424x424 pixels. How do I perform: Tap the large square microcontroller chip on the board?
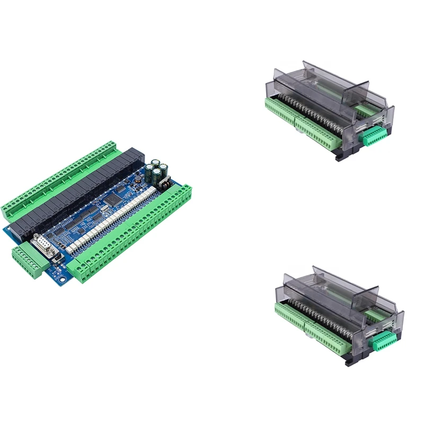point(114,199)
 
